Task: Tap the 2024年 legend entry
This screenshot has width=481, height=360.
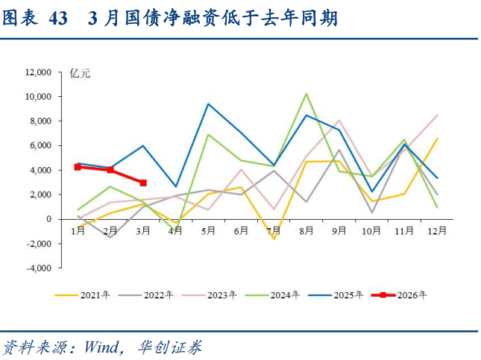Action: pyautogui.click(x=286, y=295)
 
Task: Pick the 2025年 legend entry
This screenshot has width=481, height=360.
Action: pyautogui.click(x=349, y=295)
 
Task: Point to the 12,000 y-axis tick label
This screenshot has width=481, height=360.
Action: pyautogui.click(x=37, y=72)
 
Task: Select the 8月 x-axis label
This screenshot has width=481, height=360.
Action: pyautogui.click(x=306, y=231)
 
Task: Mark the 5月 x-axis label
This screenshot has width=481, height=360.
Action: pyautogui.click(x=208, y=231)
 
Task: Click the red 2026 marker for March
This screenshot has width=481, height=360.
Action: pyautogui.click(x=142, y=183)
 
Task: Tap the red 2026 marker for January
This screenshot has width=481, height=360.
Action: pyautogui.click(x=78, y=167)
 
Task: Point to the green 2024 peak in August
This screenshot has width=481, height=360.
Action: pyautogui.click(x=306, y=94)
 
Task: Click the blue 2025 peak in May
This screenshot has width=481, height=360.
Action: pyautogui.click(x=208, y=104)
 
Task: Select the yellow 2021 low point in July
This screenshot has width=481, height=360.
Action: pyautogui.click(x=274, y=239)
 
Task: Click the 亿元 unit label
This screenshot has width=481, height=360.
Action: pyautogui.click(x=80, y=73)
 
